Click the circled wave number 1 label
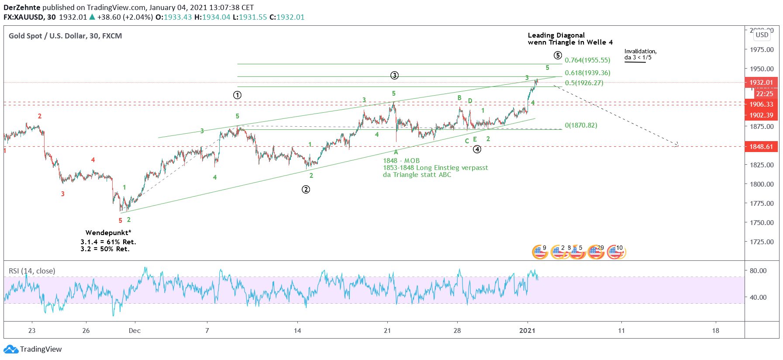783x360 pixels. pyautogui.click(x=237, y=95)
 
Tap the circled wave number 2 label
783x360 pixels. pyautogui.click(x=306, y=189)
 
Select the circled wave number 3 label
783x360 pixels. pyautogui.click(x=394, y=75)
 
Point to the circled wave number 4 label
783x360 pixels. pyautogui.click(x=477, y=149)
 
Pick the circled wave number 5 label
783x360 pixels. pyautogui.click(x=558, y=55)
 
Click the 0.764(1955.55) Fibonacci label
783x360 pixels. pyautogui.click(x=587, y=60)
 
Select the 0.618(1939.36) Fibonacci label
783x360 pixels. pyautogui.click(x=587, y=73)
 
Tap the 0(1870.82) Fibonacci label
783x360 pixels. pyautogui.click(x=581, y=125)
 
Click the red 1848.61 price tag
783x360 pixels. pyautogui.click(x=761, y=147)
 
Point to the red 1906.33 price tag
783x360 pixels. pyautogui.click(x=761, y=104)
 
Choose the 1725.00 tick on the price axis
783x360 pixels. pyautogui.click(x=761, y=242)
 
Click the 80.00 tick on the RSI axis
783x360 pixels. pyautogui.click(x=758, y=271)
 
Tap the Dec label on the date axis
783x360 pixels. pyautogui.click(x=135, y=331)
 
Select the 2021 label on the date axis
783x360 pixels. pyautogui.click(x=527, y=331)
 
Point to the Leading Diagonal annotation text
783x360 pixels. pyautogui.click(x=556, y=35)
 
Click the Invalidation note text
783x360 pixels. pyautogui.click(x=640, y=52)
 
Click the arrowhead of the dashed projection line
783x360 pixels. pyautogui.click(x=677, y=145)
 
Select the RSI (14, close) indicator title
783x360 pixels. pyautogui.click(x=32, y=271)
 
